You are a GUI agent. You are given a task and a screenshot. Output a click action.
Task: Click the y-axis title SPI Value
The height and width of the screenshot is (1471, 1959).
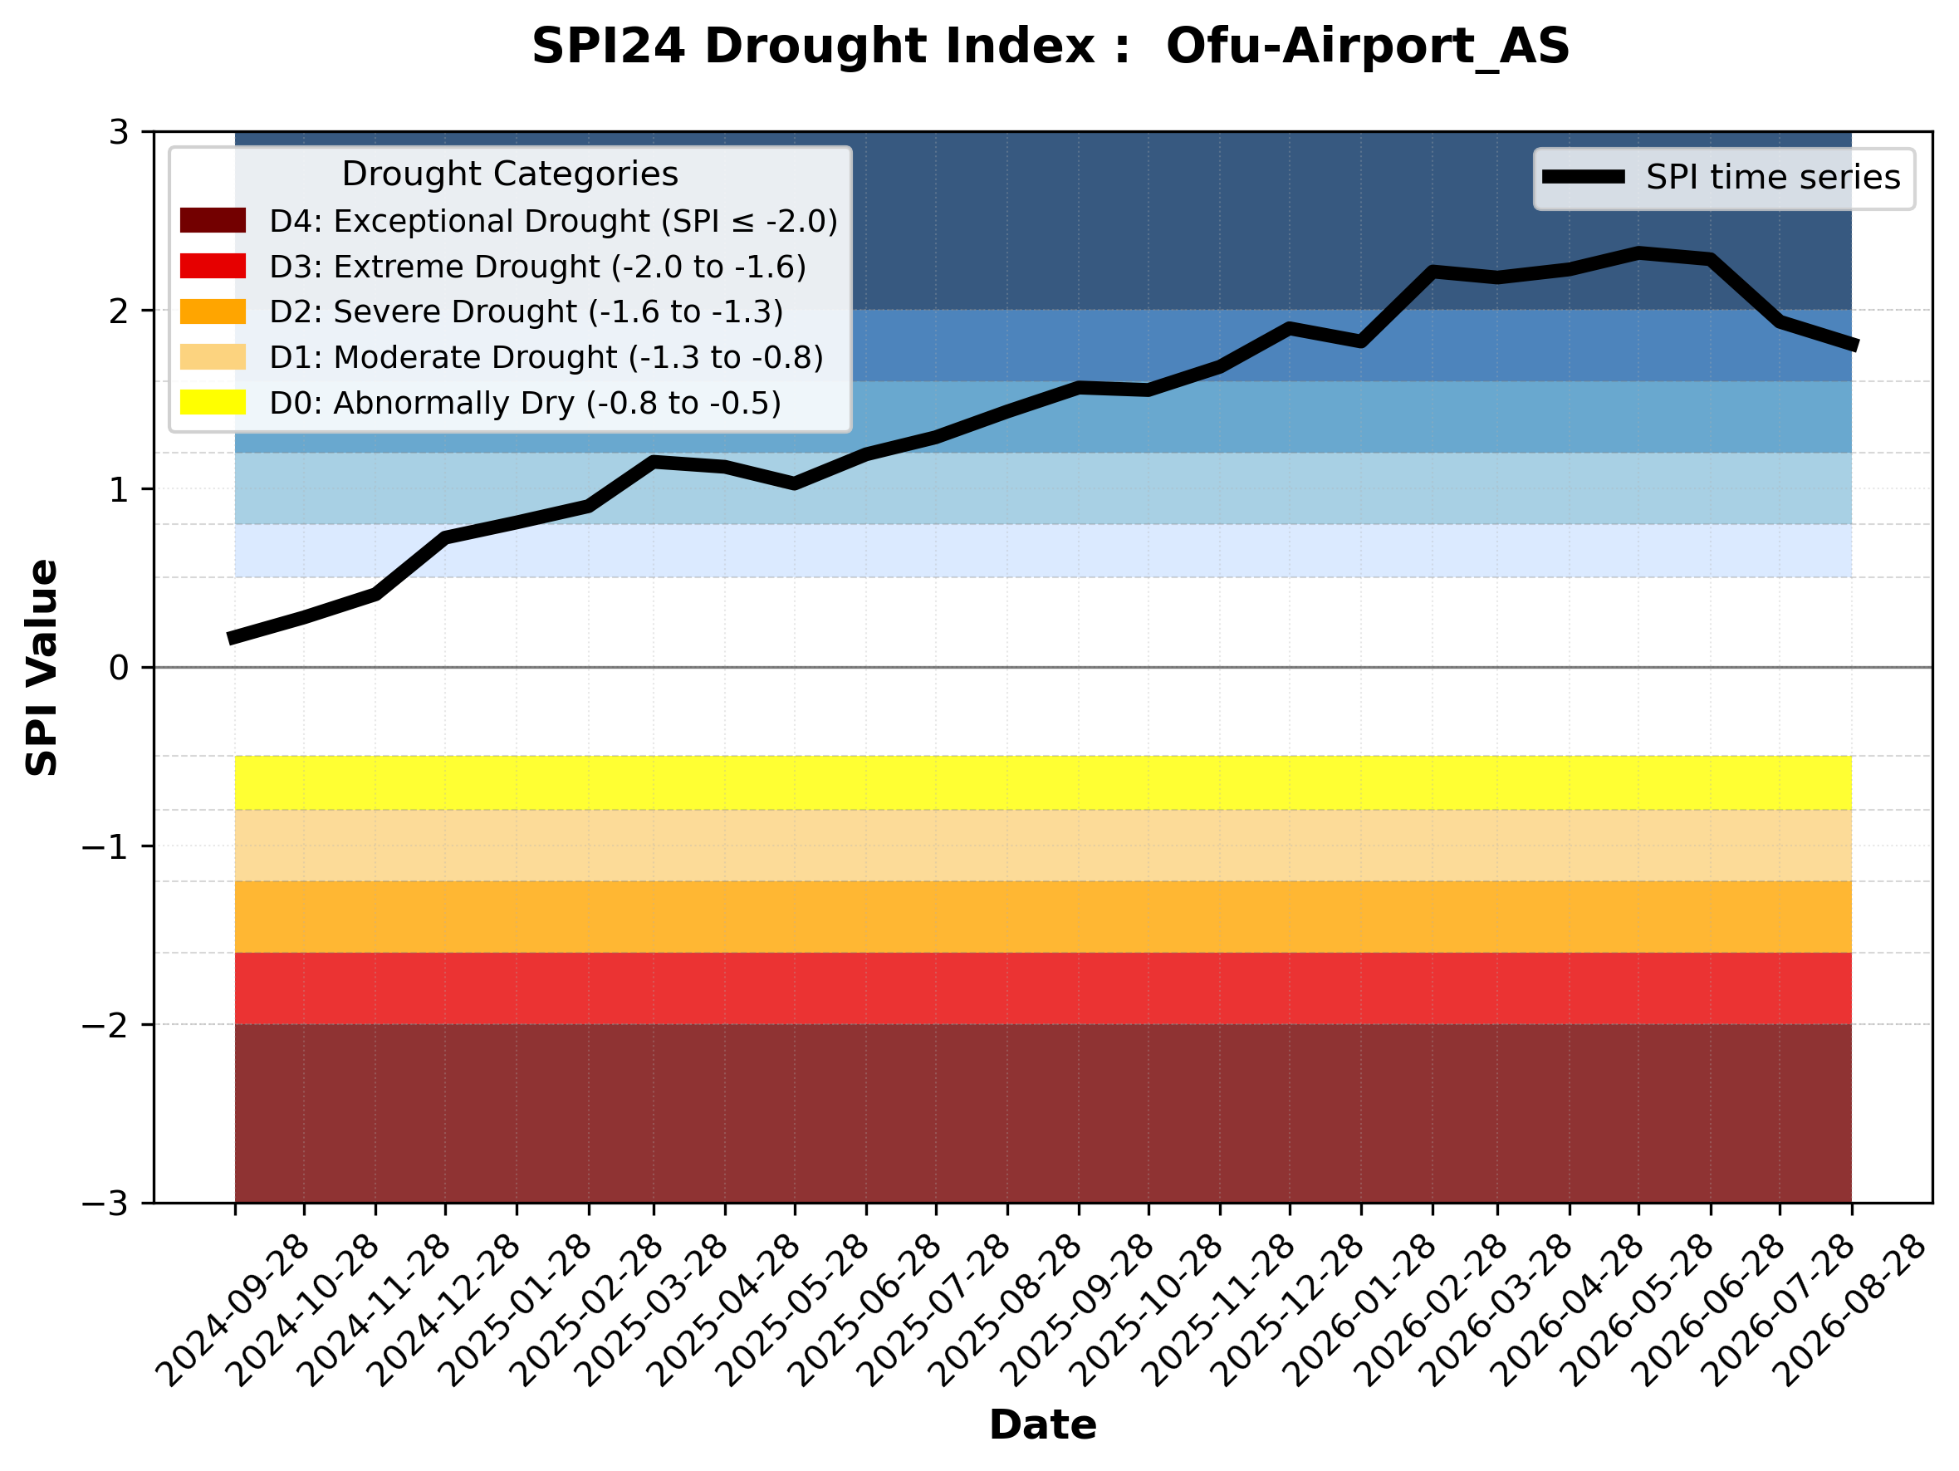pos(42,668)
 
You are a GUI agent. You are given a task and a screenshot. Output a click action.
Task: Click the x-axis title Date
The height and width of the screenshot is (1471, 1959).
pos(1042,1425)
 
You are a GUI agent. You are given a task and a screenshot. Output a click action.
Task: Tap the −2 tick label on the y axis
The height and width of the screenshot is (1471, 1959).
pos(105,1025)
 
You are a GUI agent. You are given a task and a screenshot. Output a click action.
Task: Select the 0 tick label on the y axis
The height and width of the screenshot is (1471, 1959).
pos(119,668)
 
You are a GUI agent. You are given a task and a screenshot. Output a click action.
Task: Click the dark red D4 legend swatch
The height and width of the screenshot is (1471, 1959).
pos(213,220)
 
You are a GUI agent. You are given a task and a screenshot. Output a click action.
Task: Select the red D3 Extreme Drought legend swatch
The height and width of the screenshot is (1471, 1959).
pos(213,266)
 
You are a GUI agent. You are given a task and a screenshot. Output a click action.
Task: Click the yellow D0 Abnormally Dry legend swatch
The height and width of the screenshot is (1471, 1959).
pos(213,402)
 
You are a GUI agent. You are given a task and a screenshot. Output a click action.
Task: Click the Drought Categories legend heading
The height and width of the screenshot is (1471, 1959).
pos(510,174)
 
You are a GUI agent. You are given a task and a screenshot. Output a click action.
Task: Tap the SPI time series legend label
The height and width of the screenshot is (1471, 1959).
pos(1773,178)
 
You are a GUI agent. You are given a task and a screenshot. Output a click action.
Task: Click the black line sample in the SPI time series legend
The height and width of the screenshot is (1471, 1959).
pos(1584,177)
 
